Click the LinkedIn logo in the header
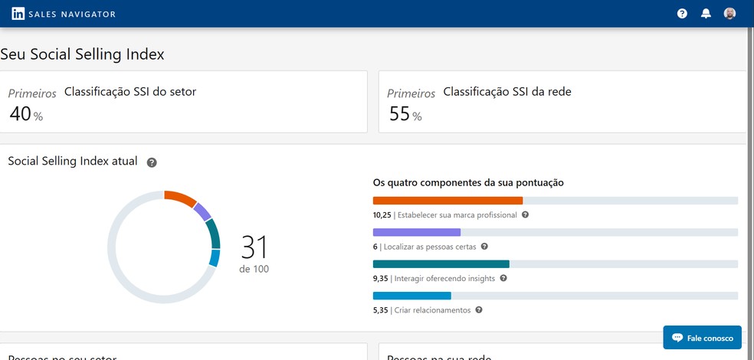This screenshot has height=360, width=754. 18,14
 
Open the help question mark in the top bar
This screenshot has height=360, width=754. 682,14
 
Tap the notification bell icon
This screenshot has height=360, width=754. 706,14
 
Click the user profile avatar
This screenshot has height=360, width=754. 729,14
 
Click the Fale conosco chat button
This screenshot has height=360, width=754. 702,338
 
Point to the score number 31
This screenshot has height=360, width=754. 254,247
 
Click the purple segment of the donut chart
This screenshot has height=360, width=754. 202,211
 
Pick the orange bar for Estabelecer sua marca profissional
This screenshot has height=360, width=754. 447,201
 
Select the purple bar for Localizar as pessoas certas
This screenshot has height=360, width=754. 416,232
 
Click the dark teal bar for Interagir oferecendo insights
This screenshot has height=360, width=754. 441,263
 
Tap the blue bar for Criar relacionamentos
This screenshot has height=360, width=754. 411,295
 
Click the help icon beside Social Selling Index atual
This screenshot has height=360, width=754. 152,162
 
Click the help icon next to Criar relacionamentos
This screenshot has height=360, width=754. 479,310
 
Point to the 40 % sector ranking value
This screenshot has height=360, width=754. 26,115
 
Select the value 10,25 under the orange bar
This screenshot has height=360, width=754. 382,215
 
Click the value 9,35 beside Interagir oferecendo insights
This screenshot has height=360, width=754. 380,279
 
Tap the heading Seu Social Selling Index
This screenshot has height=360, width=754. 82,54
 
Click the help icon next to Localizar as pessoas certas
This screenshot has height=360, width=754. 484,247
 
